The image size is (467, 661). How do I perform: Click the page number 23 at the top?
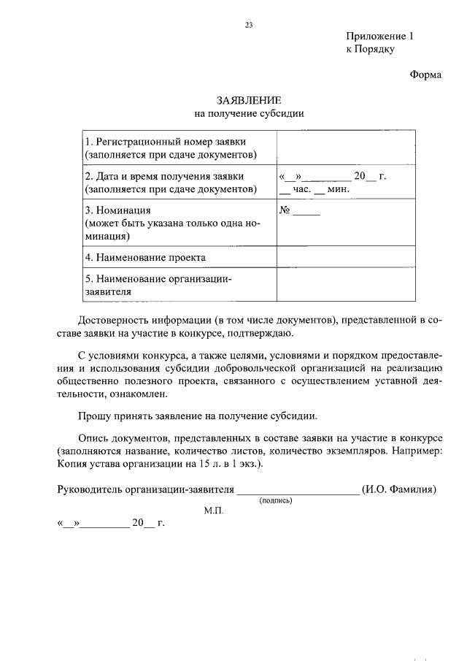click(x=248, y=26)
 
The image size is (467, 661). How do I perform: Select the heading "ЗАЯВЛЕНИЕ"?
click(x=249, y=99)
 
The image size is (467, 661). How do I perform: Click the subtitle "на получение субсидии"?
click(x=249, y=113)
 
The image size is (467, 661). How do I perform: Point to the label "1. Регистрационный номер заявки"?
click(x=165, y=141)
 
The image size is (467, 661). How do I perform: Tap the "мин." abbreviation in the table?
click(x=339, y=190)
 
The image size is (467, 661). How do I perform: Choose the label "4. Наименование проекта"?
click(x=145, y=257)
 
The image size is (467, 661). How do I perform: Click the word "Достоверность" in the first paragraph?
click(x=114, y=321)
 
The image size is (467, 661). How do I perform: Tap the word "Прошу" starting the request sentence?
click(x=93, y=416)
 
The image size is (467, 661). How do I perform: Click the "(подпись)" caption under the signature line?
click(x=276, y=501)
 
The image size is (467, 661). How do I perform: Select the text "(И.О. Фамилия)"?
click(x=398, y=489)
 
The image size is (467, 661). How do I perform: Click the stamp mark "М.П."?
click(x=214, y=511)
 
